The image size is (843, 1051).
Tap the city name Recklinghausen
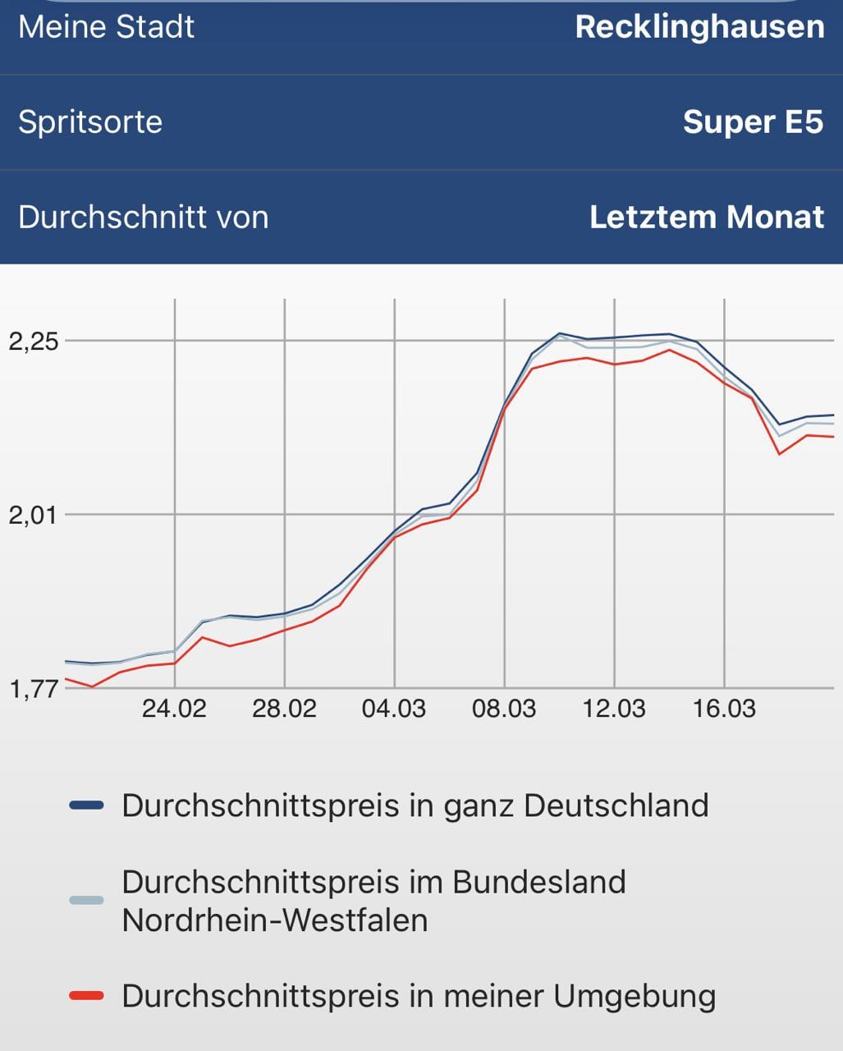(x=699, y=27)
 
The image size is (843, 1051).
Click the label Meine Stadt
(x=106, y=27)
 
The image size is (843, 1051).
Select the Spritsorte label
(x=90, y=122)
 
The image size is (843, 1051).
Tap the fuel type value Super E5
(x=753, y=122)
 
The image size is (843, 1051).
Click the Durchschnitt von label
(x=143, y=218)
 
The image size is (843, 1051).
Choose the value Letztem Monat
(x=706, y=218)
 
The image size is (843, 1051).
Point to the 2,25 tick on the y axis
(x=33, y=342)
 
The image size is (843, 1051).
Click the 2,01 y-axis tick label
(x=33, y=516)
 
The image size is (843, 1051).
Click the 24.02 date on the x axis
(x=174, y=709)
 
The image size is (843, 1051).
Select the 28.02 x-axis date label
(x=284, y=709)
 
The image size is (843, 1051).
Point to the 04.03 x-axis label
(x=394, y=709)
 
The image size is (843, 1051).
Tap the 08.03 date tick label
(x=504, y=709)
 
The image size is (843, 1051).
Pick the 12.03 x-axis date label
(x=614, y=709)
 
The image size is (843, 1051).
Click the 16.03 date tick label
(x=724, y=709)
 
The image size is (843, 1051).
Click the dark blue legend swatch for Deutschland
(x=87, y=805)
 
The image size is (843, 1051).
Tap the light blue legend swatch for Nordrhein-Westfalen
(x=87, y=901)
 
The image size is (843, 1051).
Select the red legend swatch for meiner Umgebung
(x=87, y=996)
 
